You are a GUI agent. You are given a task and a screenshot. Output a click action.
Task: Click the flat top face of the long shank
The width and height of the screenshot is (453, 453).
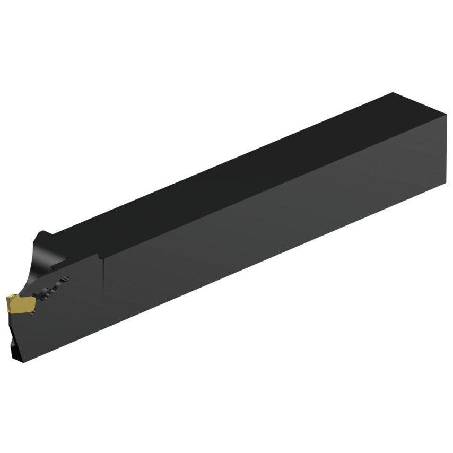(x=239, y=170)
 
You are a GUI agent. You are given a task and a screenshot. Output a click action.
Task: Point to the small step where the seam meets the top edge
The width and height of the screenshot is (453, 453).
(x=100, y=256)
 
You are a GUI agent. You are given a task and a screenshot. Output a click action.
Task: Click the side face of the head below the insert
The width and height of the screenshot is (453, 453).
(x=58, y=329)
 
